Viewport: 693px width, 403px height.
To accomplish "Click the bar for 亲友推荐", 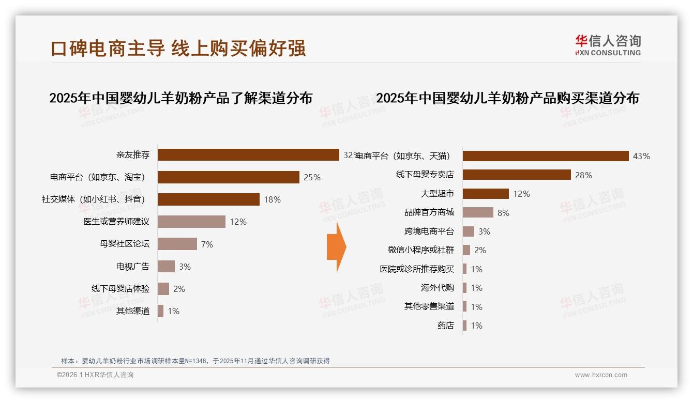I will click(x=248, y=155).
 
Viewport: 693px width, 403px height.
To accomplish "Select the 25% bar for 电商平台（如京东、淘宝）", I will click(x=228, y=177).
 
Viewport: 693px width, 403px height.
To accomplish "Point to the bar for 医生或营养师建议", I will click(x=191, y=222).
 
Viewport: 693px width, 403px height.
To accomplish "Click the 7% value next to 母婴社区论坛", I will click(x=207, y=244).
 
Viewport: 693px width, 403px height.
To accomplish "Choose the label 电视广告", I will click(x=133, y=267).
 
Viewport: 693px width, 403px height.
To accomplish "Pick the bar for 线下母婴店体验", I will click(x=163, y=289).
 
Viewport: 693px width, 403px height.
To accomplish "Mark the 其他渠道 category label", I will click(x=133, y=311).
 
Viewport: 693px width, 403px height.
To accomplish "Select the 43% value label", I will click(x=641, y=156).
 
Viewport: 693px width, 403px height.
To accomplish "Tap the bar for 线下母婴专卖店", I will click(x=517, y=175).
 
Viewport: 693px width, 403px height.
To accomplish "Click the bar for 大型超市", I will click(x=486, y=194).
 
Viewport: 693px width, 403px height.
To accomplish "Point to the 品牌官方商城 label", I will click(x=429, y=212).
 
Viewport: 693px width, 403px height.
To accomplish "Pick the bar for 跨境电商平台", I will click(x=469, y=231).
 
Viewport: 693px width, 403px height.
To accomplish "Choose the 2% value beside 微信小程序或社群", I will click(x=480, y=250).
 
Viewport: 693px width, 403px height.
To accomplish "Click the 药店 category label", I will click(x=445, y=326).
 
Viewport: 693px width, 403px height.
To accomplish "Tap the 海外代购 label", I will click(x=437, y=288).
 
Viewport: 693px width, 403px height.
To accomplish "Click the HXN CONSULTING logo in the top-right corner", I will click(x=608, y=45).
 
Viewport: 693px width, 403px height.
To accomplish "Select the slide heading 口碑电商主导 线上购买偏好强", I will click(x=178, y=48).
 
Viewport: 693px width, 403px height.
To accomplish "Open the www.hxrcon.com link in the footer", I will click(x=601, y=375).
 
